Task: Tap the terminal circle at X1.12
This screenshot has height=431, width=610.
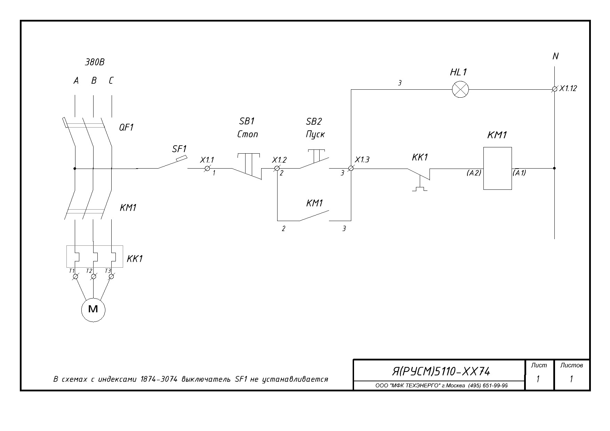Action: [x=554, y=89]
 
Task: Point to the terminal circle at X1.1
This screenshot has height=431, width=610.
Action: [x=207, y=168]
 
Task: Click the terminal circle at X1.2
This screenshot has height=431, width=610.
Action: [x=277, y=168]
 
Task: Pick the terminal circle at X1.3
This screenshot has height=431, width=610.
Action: [x=351, y=168]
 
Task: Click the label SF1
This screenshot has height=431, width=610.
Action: [x=179, y=149]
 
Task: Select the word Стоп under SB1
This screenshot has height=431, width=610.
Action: [x=248, y=134]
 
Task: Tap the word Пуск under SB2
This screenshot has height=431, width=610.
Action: [x=315, y=135]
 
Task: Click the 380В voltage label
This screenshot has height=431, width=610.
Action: [x=95, y=62]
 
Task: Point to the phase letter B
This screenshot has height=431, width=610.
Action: [x=94, y=81]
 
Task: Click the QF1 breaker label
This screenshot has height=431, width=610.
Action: [x=126, y=127]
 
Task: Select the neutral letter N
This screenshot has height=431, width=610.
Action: [x=555, y=56]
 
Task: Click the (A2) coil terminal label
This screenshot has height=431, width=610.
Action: [x=474, y=173]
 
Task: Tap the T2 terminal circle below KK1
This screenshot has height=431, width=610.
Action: [x=93, y=276]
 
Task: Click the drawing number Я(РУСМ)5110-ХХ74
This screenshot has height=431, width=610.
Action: [x=441, y=372]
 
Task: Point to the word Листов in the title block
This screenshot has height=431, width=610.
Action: [x=571, y=365]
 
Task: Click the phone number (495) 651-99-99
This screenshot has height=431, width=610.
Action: [x=488, y=385]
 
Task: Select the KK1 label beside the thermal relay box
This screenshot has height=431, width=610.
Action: [x=135, y=259]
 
